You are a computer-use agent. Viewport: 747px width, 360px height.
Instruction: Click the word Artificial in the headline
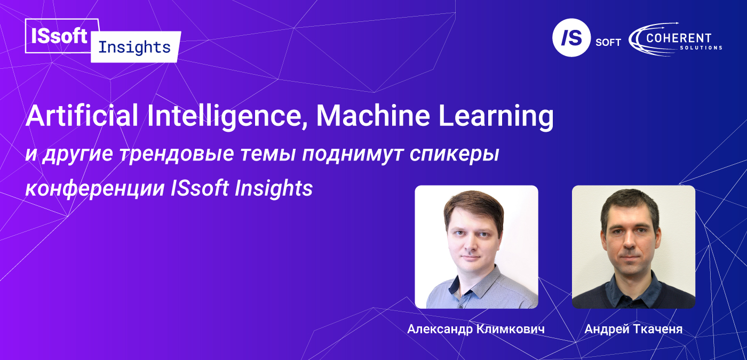click(x=82, y=115)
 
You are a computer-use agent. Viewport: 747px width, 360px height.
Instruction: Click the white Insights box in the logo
click(x=136, y=47)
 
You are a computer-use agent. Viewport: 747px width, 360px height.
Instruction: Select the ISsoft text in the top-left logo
click(x=59, y=36)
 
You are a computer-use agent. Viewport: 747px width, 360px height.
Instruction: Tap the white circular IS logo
click(x=571, y=38)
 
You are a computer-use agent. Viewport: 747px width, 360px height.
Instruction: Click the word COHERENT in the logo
click(x=679, y=38)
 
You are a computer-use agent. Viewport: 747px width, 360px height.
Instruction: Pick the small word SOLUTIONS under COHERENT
click(x=701, y=47)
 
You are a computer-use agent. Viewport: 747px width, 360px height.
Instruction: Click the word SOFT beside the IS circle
click(x=608, y=43)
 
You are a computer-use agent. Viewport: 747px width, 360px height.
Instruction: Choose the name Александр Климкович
click(x=476, y=330)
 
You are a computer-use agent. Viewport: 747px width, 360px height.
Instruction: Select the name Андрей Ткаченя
click(x=633, y=330)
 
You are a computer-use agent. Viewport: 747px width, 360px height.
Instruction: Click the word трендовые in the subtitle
click(x=177, y=154)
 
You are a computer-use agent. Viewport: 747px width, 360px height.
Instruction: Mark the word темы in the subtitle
click(x=268, y=155)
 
